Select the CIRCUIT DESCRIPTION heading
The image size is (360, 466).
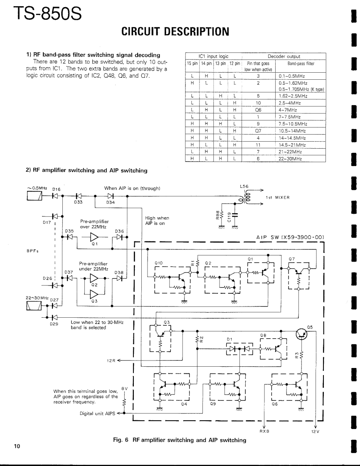click(x=175, y=31)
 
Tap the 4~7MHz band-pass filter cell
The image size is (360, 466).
click(x=287, y=110)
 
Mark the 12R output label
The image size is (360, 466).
click(x=111, y=360)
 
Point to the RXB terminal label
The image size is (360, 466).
click(x=264, y=431)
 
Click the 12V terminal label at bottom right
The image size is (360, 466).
click(x=315, y=431)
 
